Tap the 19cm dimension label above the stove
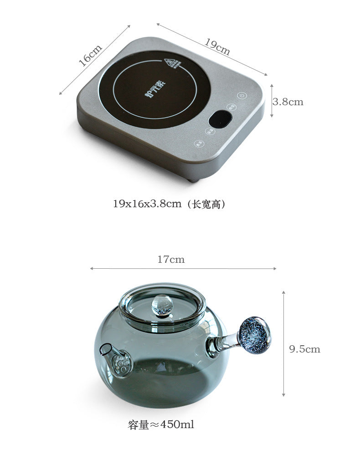[217, 47]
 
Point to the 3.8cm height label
[288, 102]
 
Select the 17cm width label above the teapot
[171, 260]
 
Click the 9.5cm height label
[305, 349]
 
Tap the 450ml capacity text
[161, 425]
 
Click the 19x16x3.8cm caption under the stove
[169, 204]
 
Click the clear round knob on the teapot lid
[162, 304]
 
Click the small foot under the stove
[194, 180]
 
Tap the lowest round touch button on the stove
[199, 143]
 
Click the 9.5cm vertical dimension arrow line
[283, 344]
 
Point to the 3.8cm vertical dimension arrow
[272, 101]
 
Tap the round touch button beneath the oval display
[211, 131]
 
